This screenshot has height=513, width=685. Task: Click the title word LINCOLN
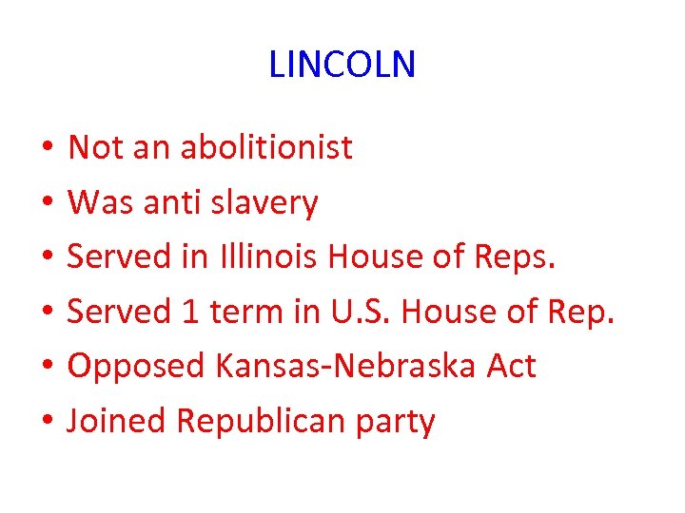pos(342,66)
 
